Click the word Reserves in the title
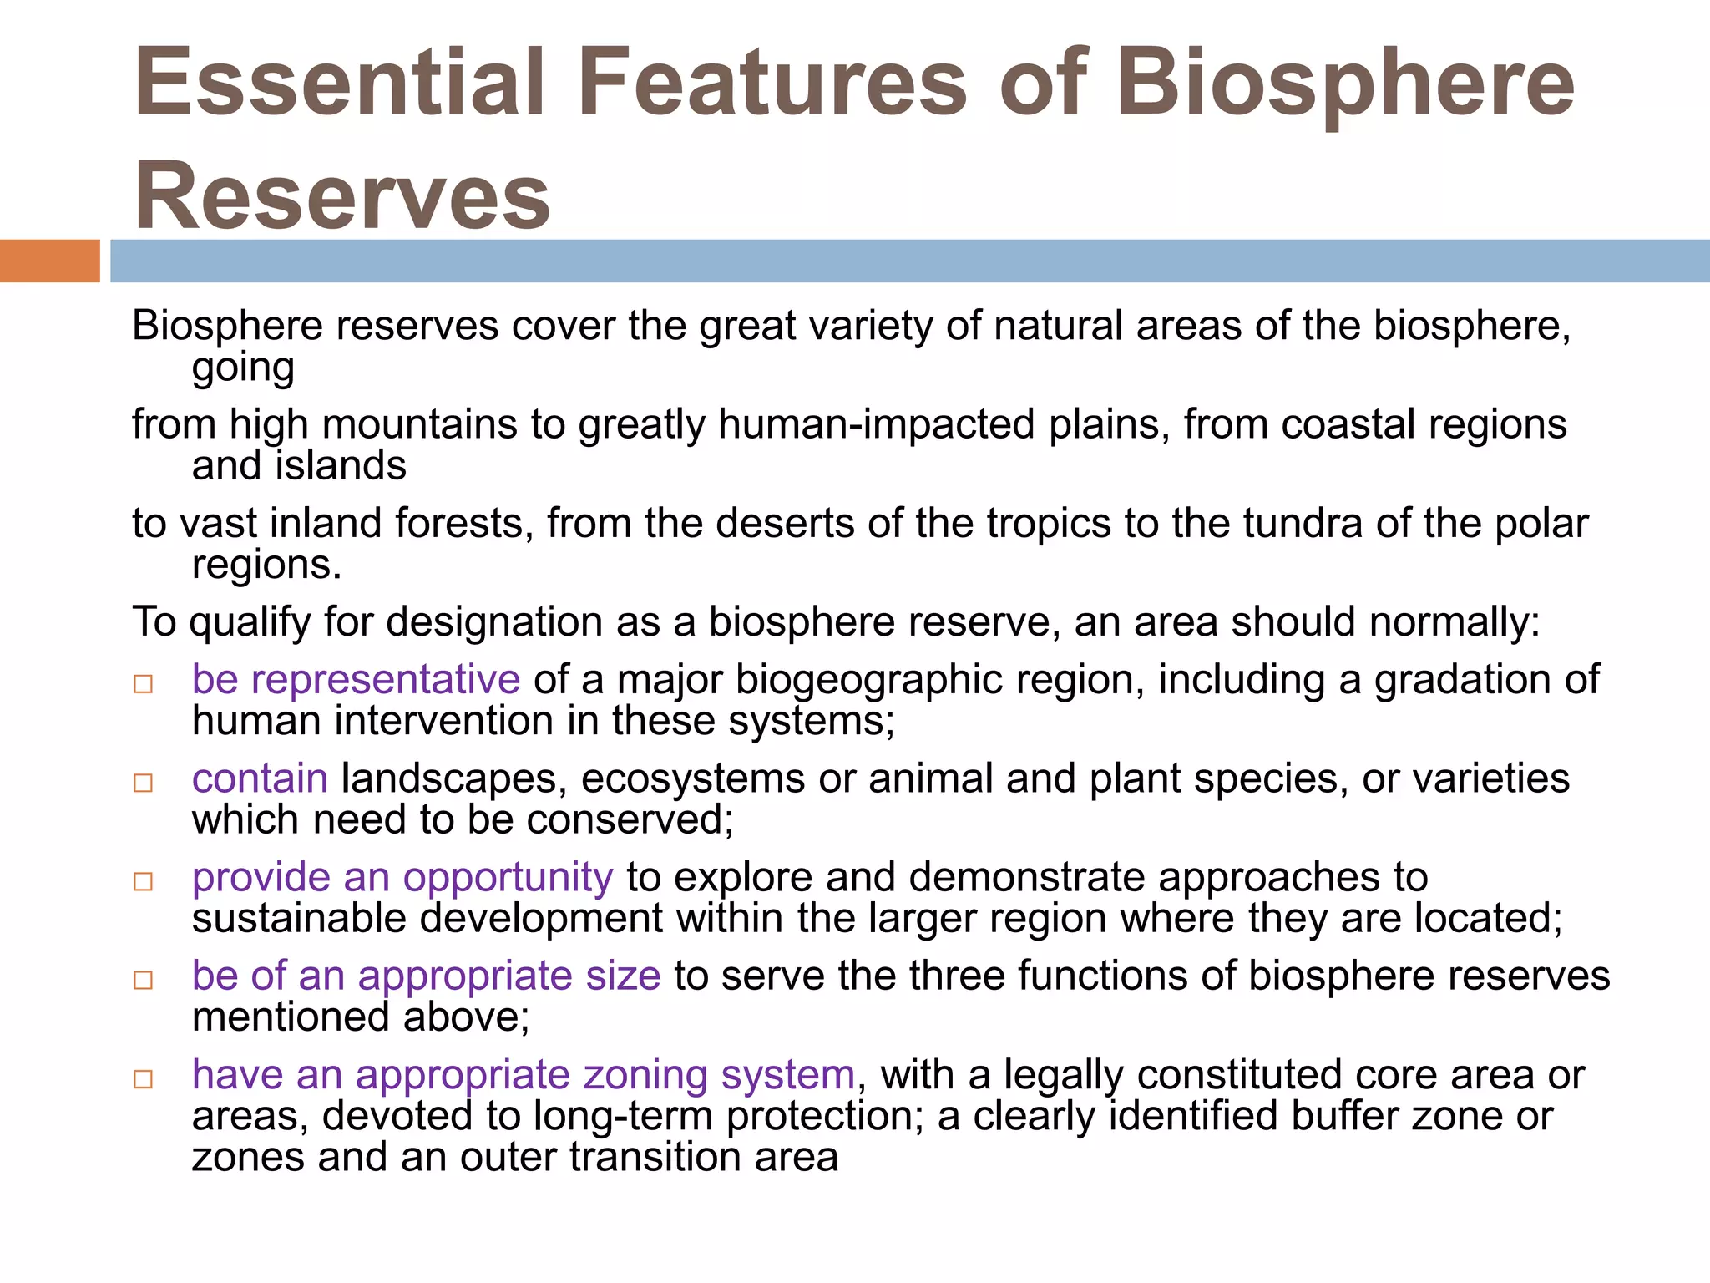click(342, 196)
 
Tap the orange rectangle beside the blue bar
click(49, 261)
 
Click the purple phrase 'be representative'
click(356, 679)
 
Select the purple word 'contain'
click(260, 778)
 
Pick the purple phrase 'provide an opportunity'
click(402, 877)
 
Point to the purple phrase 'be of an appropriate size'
click(426, 976)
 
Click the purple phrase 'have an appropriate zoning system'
click(524, 1074)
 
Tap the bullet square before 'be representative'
click(144, 684)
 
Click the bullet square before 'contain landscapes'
click(144, 783)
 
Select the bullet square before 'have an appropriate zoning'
click(144, 1078)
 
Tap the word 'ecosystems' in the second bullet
click(693, 778)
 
